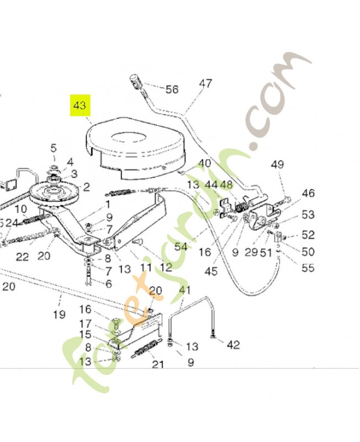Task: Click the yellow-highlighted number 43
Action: [x=80, y=105]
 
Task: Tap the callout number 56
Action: [x=172, y=90]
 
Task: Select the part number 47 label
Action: [x=205, y=84]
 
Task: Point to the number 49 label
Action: [x=277, y=164]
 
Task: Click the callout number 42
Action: [x=233, y=345]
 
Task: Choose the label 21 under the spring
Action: [x=158, y=364]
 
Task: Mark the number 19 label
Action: [x=59, y=314]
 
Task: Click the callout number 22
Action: [x=22, y=256]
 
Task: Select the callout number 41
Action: [x=184, y=290]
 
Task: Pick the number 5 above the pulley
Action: [x=54, y=148]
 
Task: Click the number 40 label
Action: [x=205, y=164]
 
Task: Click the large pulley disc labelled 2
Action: [x=55, y=193]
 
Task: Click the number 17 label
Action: [x=85, y=323]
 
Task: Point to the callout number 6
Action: [x=108, y=283]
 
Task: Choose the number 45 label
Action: [x=210, y=271]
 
